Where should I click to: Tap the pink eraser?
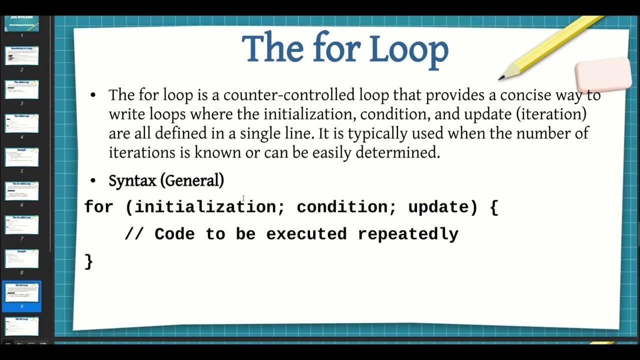(x=603, y=75)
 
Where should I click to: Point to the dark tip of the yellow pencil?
(x=501, y=77)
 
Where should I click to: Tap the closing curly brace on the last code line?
(x=89, y=261)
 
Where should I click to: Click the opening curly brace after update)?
(x=494, y=207)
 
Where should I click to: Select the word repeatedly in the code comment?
(x=407, y=234)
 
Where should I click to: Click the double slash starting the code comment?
(x=134, y=234)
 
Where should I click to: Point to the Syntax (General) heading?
(x=166, y=180)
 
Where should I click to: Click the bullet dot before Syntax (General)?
(x=92, y=180)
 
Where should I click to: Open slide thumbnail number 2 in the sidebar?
(x=21, y=55)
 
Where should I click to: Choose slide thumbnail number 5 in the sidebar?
(x=21, y=157)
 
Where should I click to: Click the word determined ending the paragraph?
(x=397, y=152)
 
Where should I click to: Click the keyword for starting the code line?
(x=98, y=207)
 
